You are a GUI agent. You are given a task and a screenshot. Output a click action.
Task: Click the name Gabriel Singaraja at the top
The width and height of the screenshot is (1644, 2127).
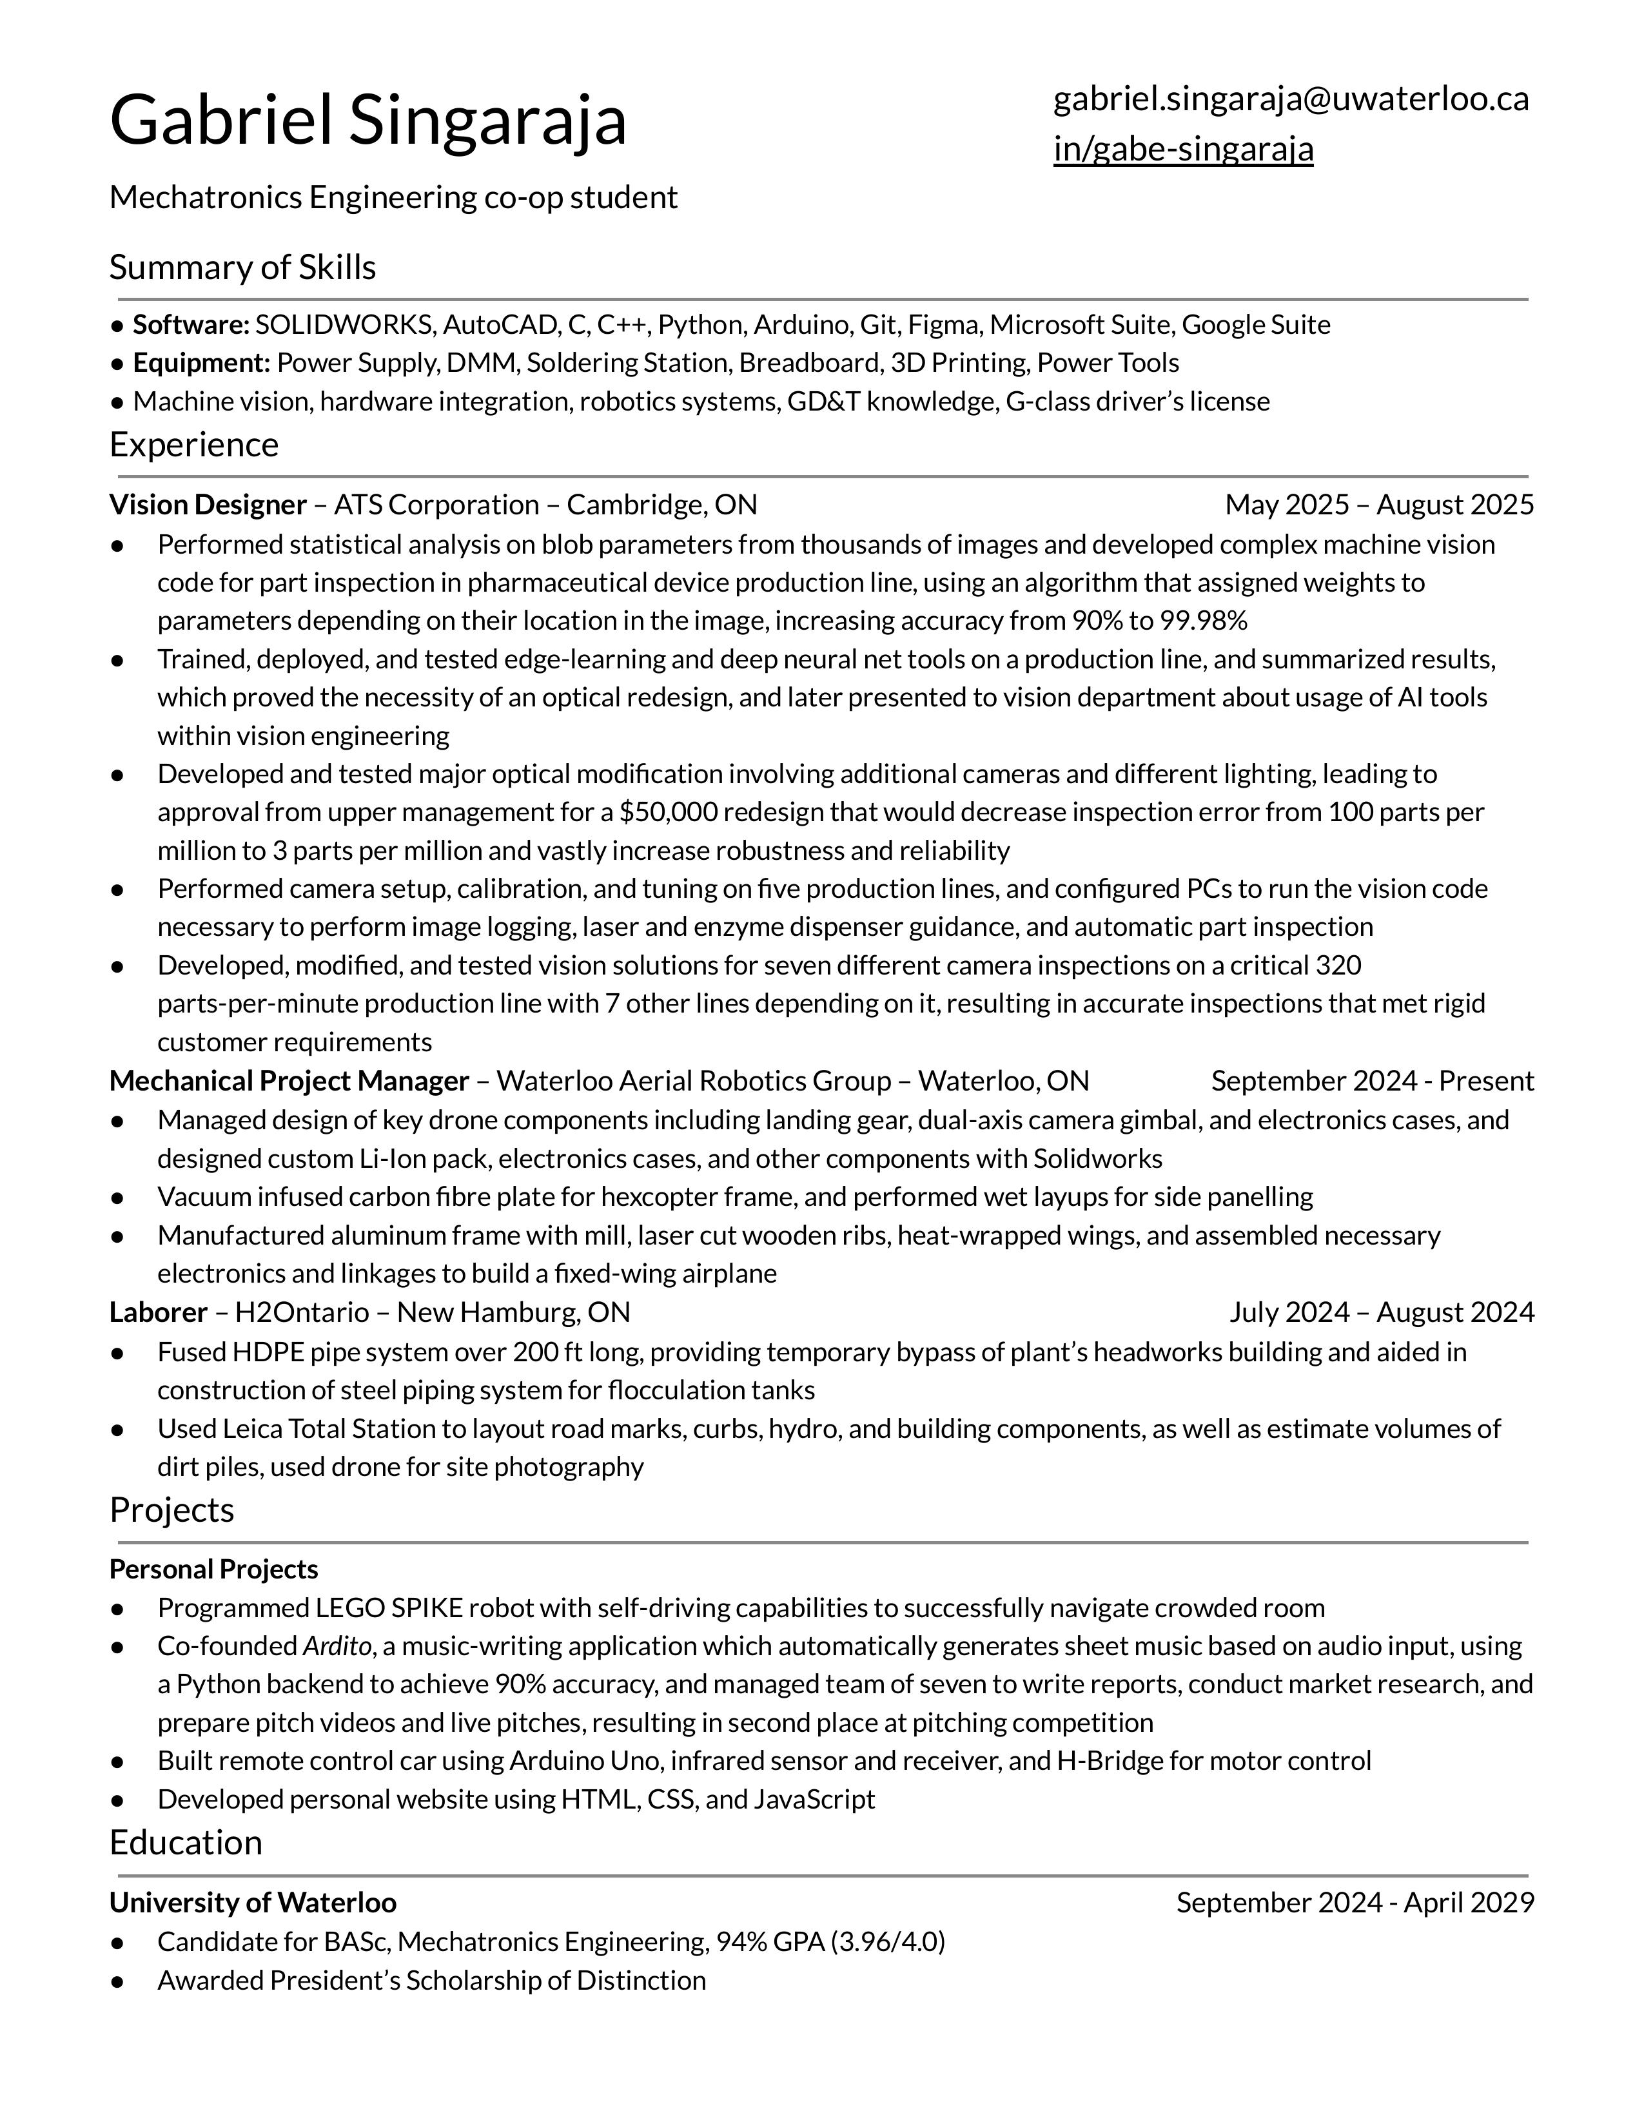(367, 120)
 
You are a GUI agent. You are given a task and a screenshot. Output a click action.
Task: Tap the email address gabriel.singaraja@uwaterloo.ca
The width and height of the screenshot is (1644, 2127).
(1291, 99)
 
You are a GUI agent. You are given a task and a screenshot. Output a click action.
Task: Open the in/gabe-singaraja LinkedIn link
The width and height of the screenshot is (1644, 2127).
(1182, 149)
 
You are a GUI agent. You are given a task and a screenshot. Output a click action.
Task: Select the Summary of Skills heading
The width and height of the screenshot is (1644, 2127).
(242, 267)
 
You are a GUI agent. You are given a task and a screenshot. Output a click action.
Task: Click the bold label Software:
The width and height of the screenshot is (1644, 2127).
(191, 324)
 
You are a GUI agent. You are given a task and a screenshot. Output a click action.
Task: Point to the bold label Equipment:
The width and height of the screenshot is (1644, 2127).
(201, 364)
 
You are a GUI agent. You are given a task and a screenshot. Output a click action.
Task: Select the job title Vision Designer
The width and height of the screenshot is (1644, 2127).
(208, 505)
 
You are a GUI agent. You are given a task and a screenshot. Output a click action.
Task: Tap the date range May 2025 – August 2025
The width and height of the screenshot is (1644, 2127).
(1378, 505)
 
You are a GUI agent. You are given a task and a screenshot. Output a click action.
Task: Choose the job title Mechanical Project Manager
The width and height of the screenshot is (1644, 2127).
(289, 1081)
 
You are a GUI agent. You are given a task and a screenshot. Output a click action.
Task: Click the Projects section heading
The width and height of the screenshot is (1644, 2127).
(171, 1510)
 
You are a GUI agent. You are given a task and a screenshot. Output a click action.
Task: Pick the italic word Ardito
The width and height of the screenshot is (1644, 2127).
(337, 1646)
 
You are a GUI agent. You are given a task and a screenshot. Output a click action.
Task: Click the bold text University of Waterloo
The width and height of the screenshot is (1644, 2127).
(252, 1902)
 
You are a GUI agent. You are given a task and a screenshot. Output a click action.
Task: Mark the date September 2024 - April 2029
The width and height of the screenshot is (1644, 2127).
(1354, 1902)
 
